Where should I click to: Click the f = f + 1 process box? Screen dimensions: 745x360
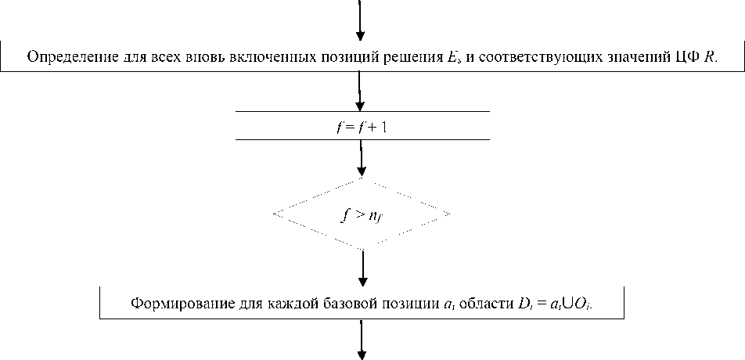[362, 125]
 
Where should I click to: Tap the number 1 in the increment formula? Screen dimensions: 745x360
[383, 125]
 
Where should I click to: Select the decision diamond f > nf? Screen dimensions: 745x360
[362, 213]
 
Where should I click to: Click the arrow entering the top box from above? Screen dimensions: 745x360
[360, 20]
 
